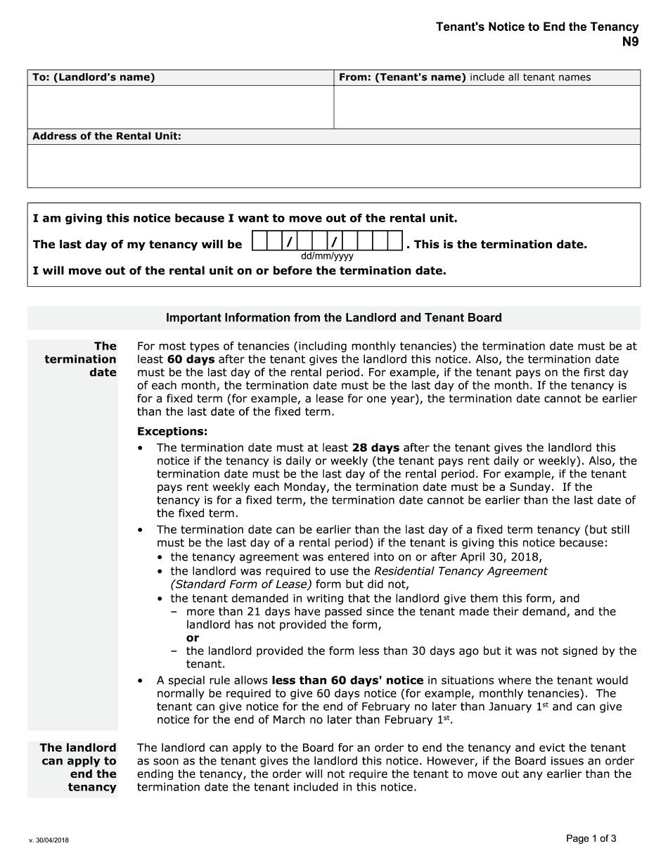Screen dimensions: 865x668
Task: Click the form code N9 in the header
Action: click(x=630, y=41)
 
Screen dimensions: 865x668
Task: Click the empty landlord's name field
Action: click(x=180, y=107)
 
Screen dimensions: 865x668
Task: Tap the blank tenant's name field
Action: click(x=487, y=107)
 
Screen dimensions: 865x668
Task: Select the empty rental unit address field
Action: click(x=333, y=166)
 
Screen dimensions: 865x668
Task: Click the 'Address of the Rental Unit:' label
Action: click(x=107, y=136)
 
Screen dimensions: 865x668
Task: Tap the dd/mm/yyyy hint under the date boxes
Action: click(x=327, y=257)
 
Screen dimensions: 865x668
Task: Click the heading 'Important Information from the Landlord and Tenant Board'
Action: click(x=333, y=318)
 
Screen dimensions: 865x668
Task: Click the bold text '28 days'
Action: click(x=375, y=447)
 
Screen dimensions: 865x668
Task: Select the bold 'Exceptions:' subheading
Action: click(x=172, y=431)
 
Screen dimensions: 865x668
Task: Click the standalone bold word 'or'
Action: click(x=193, y=638)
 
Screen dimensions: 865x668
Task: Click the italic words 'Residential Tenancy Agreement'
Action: click(x=461, y=571)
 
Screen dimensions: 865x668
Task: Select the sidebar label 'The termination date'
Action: click(x=81, y=359)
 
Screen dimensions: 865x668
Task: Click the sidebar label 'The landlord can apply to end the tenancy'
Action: click(x=78, y=767)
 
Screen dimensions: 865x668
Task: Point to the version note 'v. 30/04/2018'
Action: click(x=49, y=840)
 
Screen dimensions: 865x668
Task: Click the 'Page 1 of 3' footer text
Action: click(x=591, y=838)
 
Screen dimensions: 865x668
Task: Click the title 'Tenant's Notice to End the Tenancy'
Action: click(x=537, y=27)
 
